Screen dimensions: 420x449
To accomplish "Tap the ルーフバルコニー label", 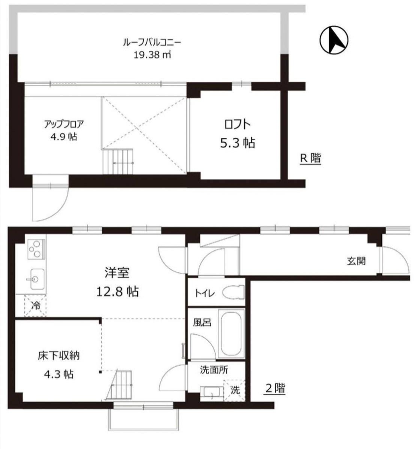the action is (152, 43).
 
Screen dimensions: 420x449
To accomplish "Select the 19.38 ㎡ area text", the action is (152, 55).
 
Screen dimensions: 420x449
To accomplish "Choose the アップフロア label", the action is (64, 124).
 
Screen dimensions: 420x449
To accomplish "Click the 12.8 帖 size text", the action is (118, 291).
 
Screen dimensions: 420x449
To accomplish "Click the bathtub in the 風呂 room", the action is (231, 334).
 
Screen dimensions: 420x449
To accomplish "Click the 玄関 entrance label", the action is (356, 261).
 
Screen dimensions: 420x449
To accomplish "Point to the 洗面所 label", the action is (214, 370).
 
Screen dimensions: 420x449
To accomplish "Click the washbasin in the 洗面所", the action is (211, 392).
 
